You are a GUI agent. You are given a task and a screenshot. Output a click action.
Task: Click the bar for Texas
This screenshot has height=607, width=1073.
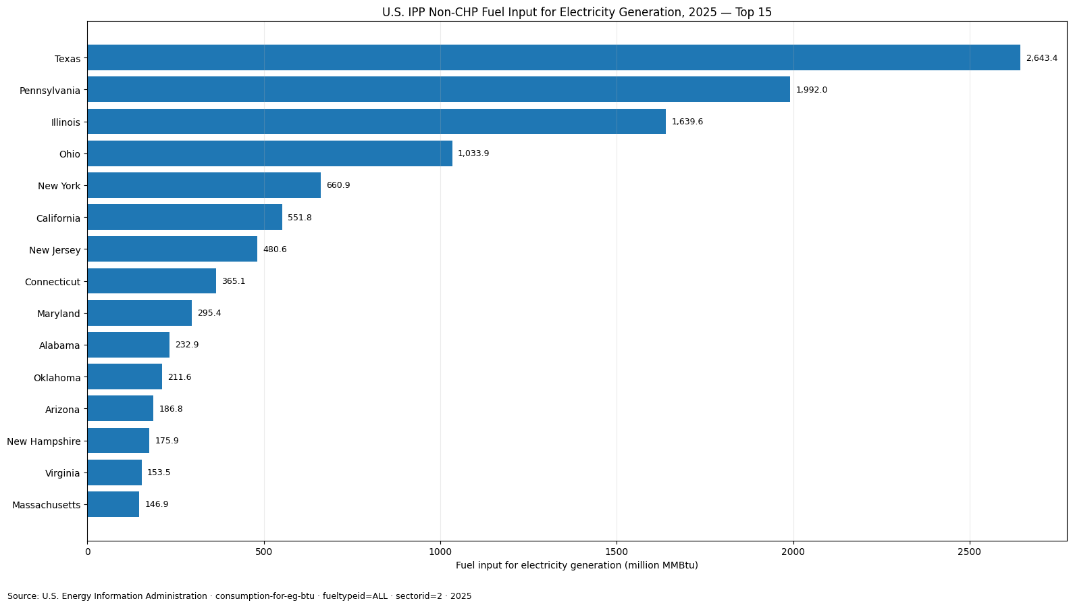(554, 57)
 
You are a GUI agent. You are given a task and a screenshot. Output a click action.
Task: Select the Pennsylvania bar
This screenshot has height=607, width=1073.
(439, 89)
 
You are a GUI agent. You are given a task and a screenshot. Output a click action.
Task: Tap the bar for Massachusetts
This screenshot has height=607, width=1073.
(113, 504)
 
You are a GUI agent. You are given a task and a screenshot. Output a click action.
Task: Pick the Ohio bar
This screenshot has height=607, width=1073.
(270, 153)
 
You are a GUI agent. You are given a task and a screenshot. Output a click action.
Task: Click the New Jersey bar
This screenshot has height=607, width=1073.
(172, 249)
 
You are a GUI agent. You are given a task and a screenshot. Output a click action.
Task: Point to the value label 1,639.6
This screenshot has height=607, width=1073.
(687, 122)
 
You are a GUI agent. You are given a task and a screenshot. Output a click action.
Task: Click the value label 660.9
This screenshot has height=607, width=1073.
(338, 185)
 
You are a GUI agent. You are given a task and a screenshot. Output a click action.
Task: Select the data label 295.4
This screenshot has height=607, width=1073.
(209, 313)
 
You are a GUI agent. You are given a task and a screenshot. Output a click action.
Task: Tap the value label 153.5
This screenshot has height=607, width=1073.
(159, 472)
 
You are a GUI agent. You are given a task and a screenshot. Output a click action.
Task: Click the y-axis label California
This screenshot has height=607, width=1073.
(59, 218)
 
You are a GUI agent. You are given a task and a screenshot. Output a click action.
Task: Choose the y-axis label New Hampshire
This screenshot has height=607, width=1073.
(44, 441)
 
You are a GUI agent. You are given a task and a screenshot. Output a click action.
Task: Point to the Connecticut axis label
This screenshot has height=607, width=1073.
(53, 282)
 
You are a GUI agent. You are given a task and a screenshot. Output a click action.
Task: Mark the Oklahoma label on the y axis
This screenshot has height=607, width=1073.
(57, 378)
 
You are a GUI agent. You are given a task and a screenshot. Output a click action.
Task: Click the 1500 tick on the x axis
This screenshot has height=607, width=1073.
(617, 552)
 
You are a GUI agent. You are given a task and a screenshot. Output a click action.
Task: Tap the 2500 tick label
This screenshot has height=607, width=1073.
(970, 552)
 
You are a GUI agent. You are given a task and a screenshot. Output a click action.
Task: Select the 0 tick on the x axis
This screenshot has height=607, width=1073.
(88, 552)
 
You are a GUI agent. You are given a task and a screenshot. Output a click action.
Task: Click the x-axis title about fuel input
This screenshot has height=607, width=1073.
(577, 565)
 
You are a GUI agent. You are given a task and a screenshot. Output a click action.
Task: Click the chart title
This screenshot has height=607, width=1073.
(577, 12)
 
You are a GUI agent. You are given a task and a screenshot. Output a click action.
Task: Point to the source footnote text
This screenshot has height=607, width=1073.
(240, 596)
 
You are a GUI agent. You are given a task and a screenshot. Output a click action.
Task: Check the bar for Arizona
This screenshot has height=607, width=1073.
(120, 408)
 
